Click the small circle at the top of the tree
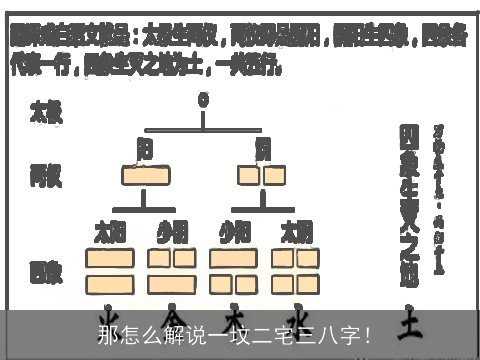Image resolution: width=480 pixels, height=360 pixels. point(204,100)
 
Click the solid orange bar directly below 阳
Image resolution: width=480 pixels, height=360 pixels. point(145,177)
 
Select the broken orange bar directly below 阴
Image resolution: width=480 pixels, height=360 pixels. point(263,177)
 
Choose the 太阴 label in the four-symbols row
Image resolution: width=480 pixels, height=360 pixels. point(297,233)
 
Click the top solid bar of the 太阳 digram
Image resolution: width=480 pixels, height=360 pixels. point(109,259)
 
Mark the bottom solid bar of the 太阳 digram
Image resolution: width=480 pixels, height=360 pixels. point(109,283)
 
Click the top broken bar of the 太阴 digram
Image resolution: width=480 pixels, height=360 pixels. point(297,259)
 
